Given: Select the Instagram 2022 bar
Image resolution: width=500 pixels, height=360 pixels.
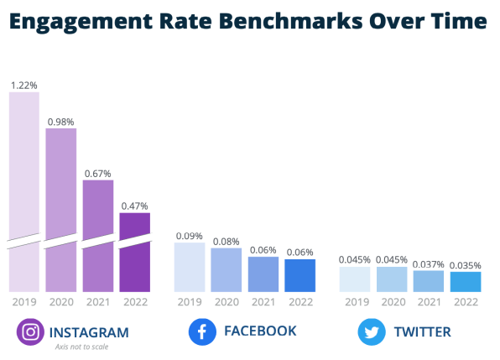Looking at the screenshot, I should point(135,252).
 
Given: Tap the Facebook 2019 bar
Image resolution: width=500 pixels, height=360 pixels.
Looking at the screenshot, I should point(189,267).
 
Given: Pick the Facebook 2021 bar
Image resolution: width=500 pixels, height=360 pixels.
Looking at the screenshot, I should point(263,274).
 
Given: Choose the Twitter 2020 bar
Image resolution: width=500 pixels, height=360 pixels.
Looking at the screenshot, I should point(392,279).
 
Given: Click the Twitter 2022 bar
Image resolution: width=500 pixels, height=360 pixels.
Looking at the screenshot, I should point(465,282).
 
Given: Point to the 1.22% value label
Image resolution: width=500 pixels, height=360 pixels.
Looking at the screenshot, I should point(24,85).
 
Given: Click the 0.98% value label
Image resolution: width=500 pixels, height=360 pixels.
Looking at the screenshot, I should point(61,121).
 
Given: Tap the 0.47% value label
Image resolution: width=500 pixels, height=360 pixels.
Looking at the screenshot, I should point(135,206).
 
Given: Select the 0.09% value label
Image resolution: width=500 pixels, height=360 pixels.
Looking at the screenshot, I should point(189,236).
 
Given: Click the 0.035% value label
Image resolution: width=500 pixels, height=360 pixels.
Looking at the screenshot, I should point(465,265).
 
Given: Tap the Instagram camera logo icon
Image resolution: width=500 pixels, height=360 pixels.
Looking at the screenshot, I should point(30,331).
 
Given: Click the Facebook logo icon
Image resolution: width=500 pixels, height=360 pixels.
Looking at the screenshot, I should point(201,331).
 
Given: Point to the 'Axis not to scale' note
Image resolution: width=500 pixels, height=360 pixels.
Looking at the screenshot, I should point(81,347).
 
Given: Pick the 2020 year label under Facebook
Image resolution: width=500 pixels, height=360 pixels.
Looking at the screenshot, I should point(226,301).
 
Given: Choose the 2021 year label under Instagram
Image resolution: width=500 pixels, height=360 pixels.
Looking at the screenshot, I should point(98,301).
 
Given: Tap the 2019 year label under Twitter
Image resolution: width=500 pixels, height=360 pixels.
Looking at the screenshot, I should point(355,301).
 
